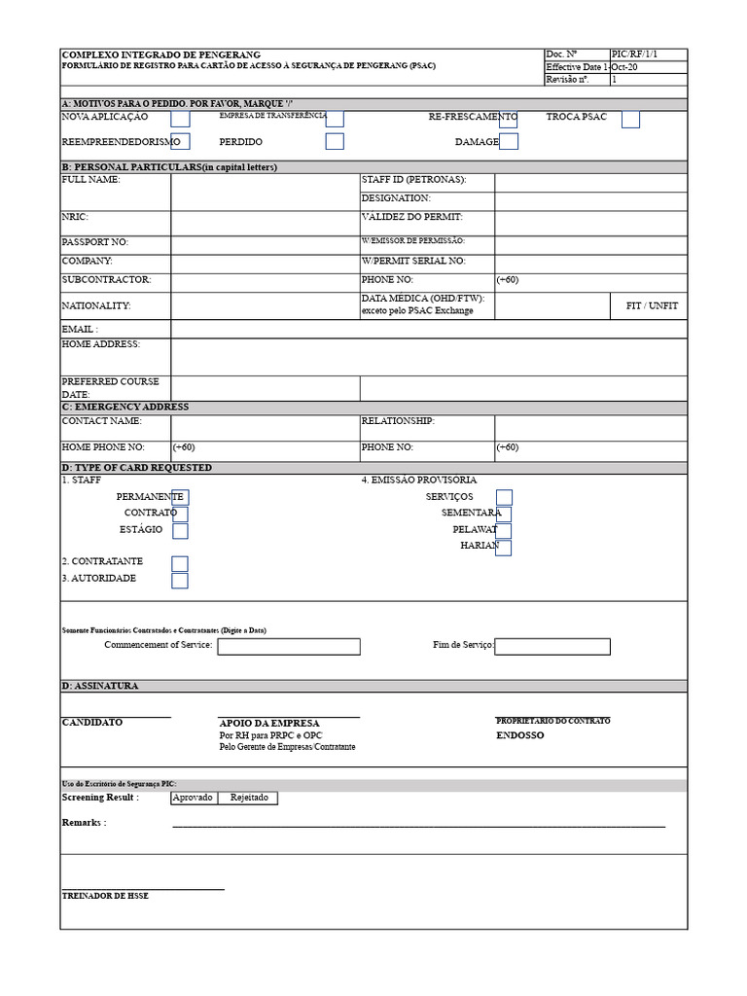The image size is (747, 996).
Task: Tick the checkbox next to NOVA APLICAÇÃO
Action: (x=180, y=119)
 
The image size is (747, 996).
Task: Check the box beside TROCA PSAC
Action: (x=630, y=119)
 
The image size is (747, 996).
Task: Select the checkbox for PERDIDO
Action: (x=335, y=142)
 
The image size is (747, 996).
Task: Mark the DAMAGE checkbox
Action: (x=509, y=142)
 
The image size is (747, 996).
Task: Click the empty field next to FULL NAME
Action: (x=265, y=192)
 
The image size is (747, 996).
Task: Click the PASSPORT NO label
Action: (x=94, y=242)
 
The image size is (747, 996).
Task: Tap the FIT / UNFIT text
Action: (x=652, y=305)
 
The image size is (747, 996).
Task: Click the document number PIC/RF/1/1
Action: (x=634, y=54)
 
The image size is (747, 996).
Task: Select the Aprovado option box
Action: (x=193, y=798)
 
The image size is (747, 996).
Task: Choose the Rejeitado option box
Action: (x=248, y=798)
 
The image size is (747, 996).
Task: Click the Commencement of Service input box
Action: (x=288, y=646)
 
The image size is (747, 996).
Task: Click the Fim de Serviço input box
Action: (x=552, y=646)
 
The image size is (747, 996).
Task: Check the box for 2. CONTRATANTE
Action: (x=180, y=563)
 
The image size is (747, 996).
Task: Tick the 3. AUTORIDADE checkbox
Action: (x=180, y=581)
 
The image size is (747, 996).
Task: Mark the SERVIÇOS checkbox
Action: (x=504, y=497)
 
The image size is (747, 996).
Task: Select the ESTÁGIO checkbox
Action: (x=180, y=531)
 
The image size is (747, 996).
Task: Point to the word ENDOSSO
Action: (x=520, y=736)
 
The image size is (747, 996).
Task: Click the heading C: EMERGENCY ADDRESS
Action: (x=125, y=407)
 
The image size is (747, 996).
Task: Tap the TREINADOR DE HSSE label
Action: (x=105, y=896)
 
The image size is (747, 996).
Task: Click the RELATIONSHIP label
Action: (x=398, y=422)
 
